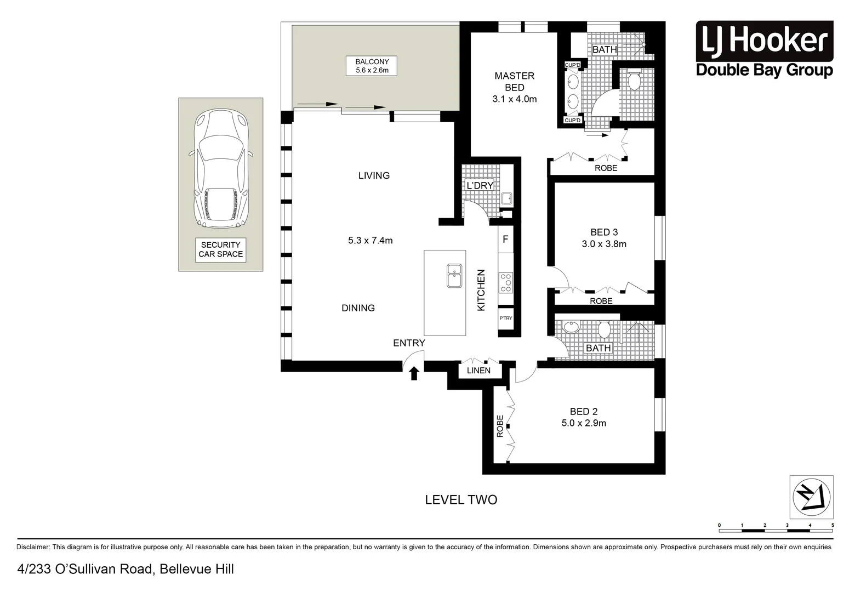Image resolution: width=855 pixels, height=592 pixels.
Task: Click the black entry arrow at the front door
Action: (x=414, y=373)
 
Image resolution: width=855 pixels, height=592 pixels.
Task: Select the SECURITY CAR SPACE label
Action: (x=221, y=250)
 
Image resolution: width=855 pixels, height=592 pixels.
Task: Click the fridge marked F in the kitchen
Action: (x=505, y=240)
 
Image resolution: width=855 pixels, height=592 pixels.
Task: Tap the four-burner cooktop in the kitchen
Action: (x=505, y=282)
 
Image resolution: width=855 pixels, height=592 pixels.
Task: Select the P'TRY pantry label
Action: (x=505, y=318)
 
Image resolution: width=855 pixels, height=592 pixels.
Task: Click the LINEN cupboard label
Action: (x=478, y=371)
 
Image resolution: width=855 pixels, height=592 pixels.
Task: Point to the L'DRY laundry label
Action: (x=480, y=186)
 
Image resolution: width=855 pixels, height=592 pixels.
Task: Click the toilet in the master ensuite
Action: (x=634, y=81)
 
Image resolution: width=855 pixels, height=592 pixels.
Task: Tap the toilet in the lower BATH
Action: (x=605, y=329)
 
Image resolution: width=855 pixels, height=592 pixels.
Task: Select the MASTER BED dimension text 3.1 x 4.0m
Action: (x=514, y=99)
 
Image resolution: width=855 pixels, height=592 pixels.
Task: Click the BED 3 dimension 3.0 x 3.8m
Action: (x=604, y=244)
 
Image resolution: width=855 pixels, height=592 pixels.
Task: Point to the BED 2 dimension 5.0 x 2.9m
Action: (x=584, y=423)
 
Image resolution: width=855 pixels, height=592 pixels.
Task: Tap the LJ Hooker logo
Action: (x=764, y=49)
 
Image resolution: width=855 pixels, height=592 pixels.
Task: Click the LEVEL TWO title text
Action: (x=461, y=500)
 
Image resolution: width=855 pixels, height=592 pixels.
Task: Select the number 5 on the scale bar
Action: (x=833, y=526)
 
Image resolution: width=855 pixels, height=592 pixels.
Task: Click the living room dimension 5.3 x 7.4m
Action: (x=371, y=240)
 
